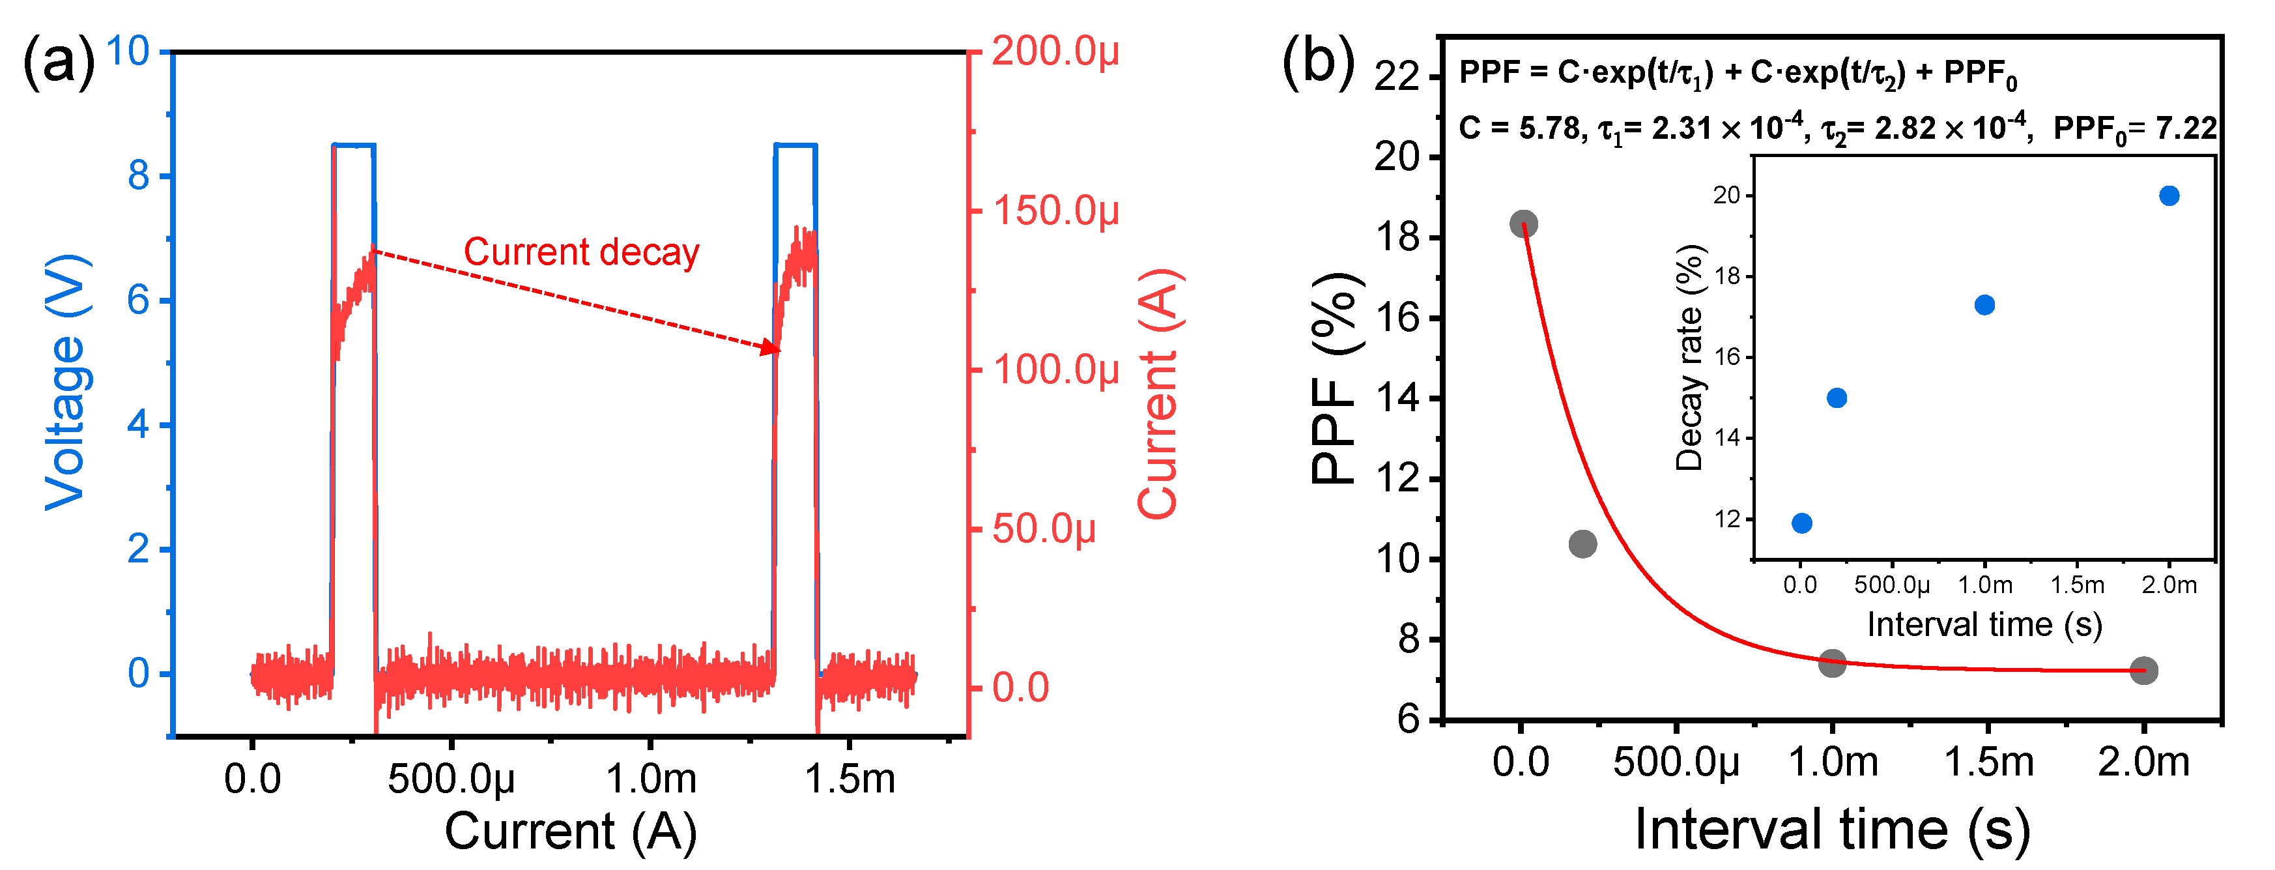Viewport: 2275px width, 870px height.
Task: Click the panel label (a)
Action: coord(58,62)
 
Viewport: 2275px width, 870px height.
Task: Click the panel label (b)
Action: coord(1318,62)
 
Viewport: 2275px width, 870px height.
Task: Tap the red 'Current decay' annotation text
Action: coord(581,253)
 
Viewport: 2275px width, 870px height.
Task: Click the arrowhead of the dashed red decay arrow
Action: coord(771,348)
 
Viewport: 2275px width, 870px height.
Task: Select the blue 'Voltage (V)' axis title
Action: coord(67,382)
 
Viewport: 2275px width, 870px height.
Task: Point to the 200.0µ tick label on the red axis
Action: coord(1055,51)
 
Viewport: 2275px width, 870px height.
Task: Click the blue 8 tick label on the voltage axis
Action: coord(139,176)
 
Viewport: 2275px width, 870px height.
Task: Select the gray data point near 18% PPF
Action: coord(1523,224)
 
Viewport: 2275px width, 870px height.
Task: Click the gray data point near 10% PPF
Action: coord(1582,544)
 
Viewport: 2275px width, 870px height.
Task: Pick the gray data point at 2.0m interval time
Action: coord(2143,671)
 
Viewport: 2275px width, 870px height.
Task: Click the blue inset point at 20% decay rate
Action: coord(2169,196)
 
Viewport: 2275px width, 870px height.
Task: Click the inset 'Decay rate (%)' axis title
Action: coord(1689,358)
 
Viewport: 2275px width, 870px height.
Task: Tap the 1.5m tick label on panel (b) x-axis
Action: coord(1988,761)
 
